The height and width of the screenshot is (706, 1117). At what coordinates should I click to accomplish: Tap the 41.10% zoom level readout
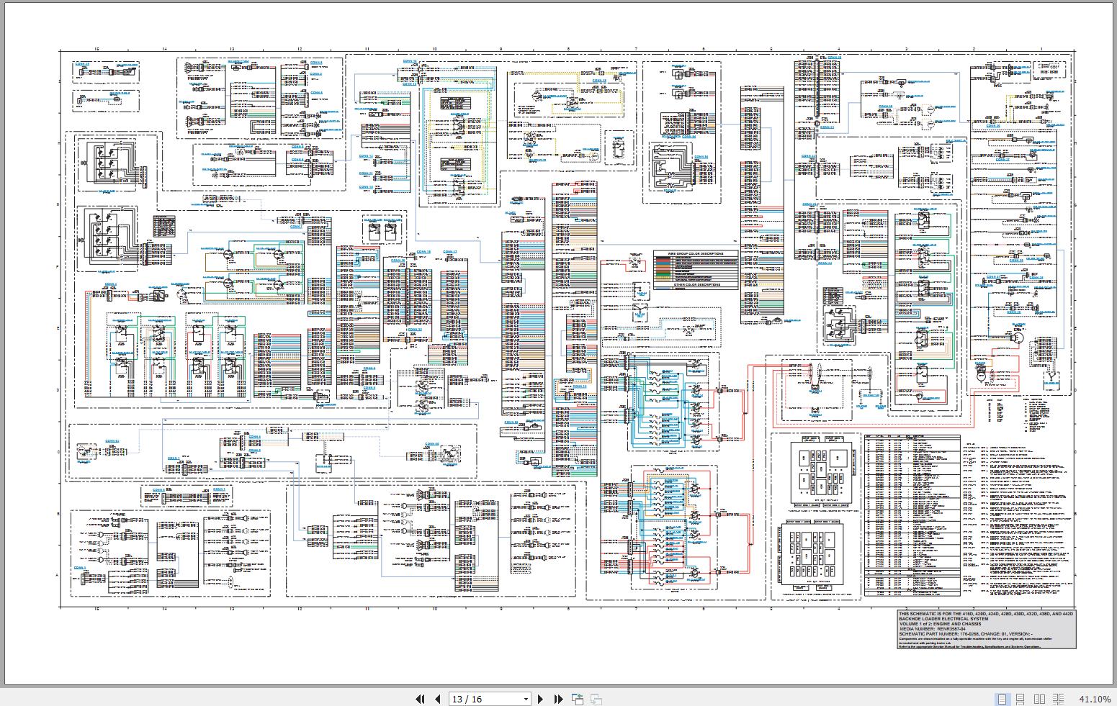point(1095,699)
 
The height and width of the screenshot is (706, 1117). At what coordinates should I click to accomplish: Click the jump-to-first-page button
point(421,699)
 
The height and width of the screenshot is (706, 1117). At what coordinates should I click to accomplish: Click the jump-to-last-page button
point(558,699)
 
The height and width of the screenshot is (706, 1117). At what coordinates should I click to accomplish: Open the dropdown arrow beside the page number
point(525,699)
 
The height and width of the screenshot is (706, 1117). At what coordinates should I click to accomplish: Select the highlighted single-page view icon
point(1002,699)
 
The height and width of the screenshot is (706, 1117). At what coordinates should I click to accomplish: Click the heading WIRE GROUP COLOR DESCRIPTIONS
point(696,254)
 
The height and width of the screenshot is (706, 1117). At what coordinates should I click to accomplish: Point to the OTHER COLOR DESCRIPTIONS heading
point(696,284)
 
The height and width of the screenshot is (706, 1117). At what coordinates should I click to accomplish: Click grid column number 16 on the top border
point(97,49)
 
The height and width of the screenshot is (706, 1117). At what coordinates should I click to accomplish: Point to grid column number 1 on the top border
point(1041,49)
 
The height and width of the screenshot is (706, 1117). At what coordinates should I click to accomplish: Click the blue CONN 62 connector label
point(112,440)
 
